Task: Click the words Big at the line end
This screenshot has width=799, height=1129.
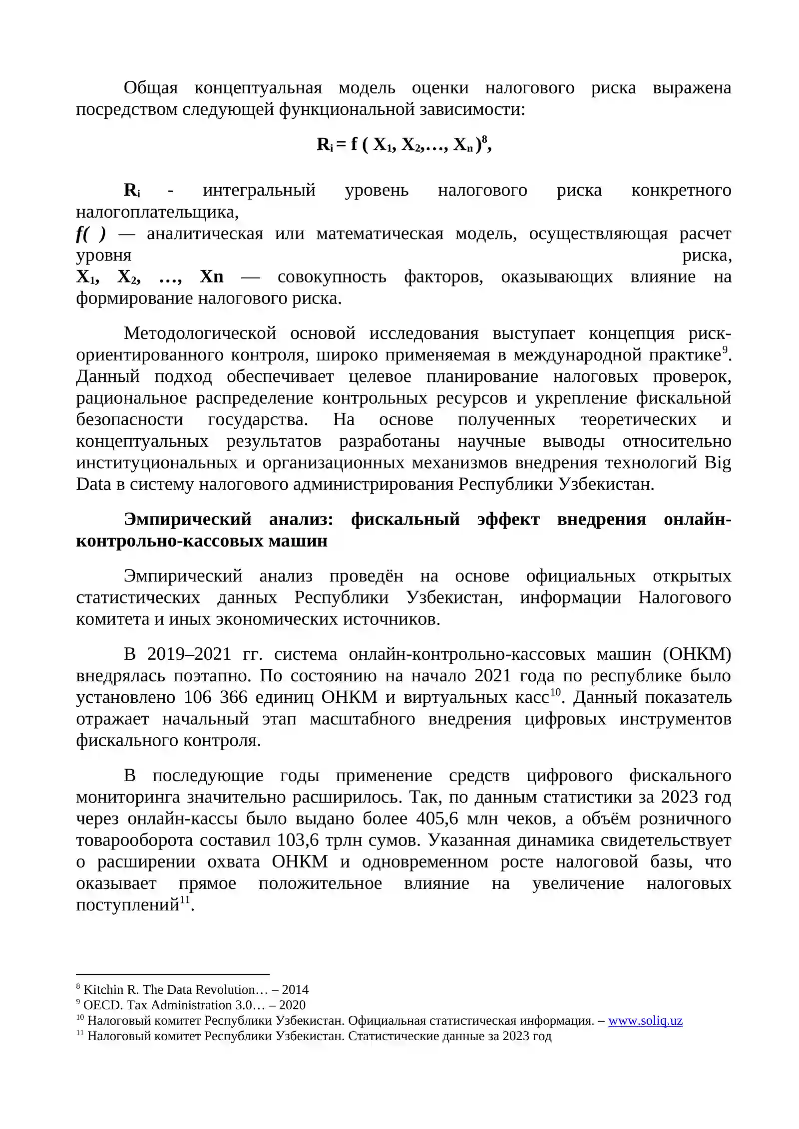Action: [x=718, y=463]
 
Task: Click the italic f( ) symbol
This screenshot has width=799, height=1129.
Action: [x=90, y=234]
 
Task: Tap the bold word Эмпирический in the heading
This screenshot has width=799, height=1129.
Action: [x=188, y=520]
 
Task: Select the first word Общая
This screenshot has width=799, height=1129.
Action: [x=150, y=88]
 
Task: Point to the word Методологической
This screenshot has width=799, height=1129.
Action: [x=200, y=333]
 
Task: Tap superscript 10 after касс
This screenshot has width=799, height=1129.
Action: [x=555, y=692]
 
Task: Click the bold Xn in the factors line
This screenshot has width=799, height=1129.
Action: [x=211, y=277]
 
